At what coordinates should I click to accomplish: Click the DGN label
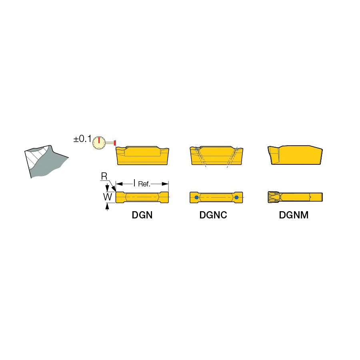pos(142,215)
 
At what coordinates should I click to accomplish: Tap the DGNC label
pos(213,215)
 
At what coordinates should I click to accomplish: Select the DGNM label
pos(294,215)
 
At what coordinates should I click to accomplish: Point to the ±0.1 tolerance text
pos(82,139)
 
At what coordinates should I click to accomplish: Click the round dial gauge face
pos(99,142)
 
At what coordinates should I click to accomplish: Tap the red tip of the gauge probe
pos(114,142)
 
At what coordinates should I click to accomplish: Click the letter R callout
pos(104,176)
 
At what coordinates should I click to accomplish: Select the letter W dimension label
pos(108,197)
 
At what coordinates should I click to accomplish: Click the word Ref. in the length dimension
pos(144,184)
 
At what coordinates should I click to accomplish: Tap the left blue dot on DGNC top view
pos(196,197)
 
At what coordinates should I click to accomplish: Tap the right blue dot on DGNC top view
pos(236,197)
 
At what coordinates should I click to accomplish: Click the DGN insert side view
pos(142,156)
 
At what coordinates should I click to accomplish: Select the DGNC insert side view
pos(216,156)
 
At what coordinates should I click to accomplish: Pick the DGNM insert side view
pos(295,155)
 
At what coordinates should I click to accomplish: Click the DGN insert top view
pos(142,197)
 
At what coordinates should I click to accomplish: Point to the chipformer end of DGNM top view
pos(274,197)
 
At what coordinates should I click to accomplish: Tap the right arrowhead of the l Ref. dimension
pos(165,184)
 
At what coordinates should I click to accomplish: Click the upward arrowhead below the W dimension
pos(107,206)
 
